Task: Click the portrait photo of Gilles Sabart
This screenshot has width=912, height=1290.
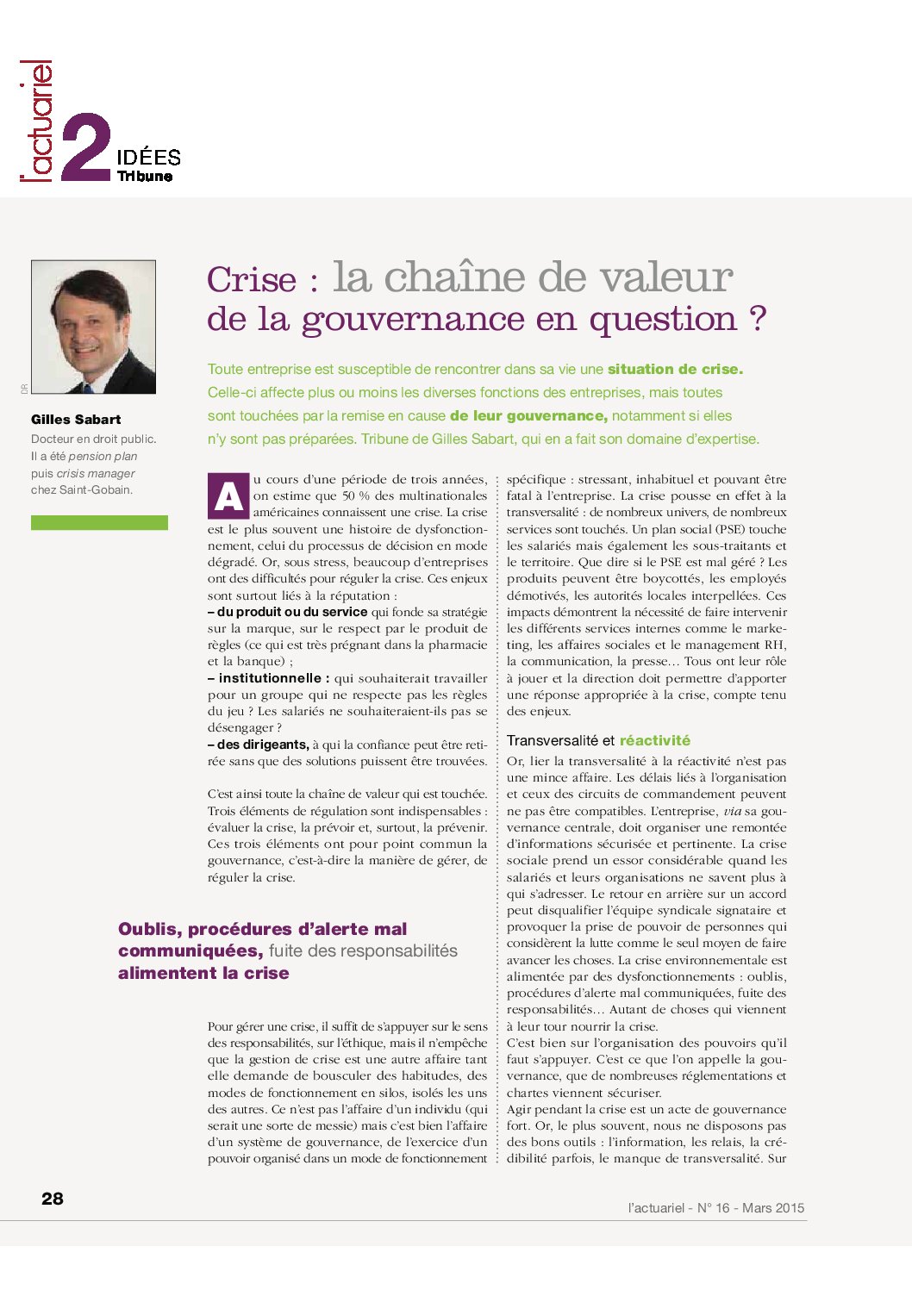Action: coord(93,327)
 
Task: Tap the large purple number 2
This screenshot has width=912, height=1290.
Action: coord(86,147)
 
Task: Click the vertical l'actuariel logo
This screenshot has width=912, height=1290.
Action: coord(37,122)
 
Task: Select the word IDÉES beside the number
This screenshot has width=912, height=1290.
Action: coord(148,157)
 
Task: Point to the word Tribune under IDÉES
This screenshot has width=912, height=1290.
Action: coord(145,176)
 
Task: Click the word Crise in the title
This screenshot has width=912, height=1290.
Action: coord(251,279)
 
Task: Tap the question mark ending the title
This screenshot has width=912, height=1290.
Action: coord(758,319)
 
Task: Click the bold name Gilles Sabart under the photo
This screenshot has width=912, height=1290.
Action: coord(76,420)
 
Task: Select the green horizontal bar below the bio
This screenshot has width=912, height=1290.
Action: coord(99,522)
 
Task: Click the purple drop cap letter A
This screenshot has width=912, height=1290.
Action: coord(228,496)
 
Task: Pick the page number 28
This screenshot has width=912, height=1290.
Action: coord(53,1199)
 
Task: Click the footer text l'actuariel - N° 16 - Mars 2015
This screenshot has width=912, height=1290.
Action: coord(715,1208)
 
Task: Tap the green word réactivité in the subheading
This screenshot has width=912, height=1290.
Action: coord(654,740)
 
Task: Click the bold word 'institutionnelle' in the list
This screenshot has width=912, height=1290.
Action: coord(270,678)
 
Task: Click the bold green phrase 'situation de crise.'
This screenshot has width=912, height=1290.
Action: coord(675,369)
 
